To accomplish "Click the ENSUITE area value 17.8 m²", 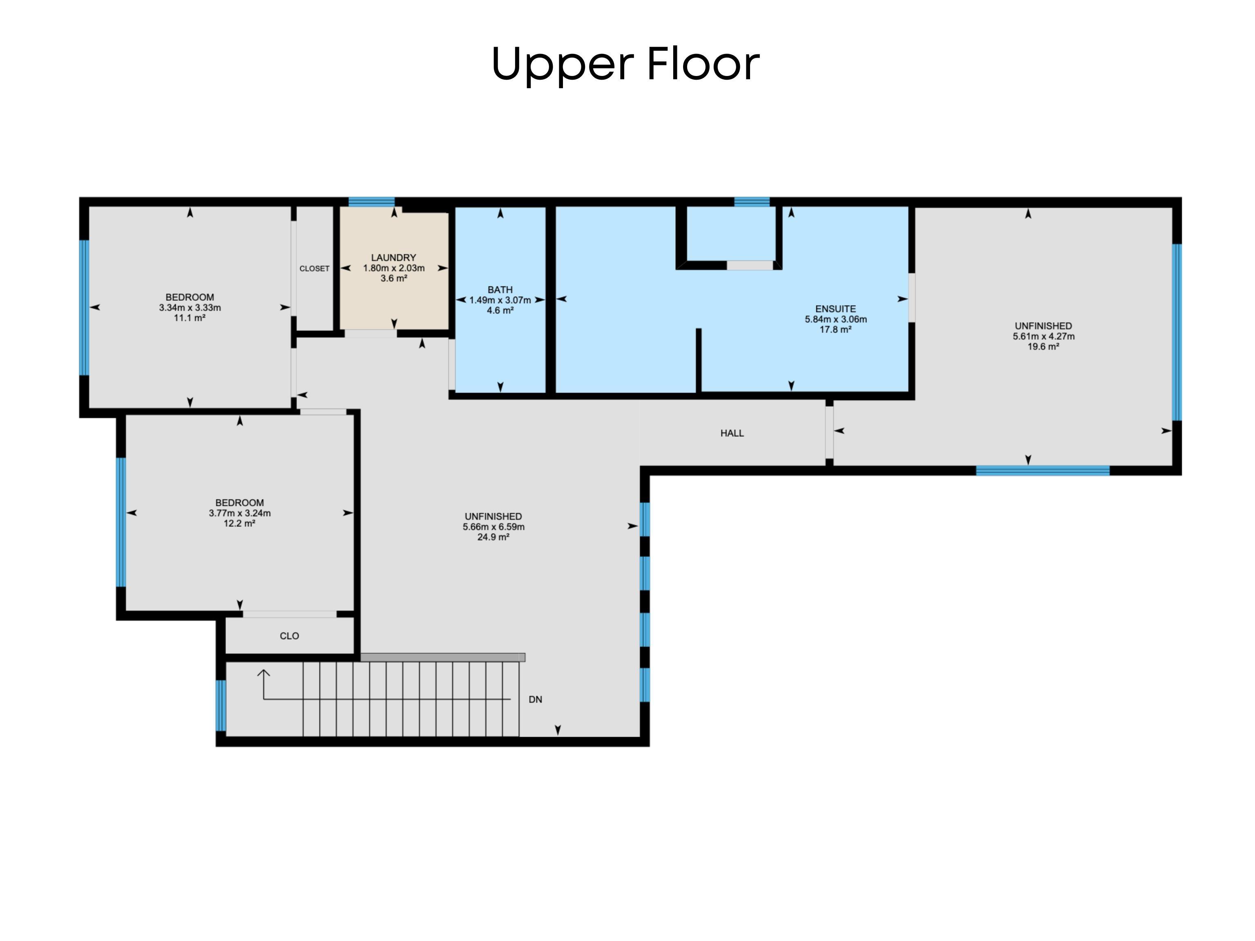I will coord(835,330).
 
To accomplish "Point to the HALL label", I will coord(732,434).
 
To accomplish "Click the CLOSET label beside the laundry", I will coord(314,268).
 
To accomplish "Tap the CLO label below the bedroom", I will coord(289,636).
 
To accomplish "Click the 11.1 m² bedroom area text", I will coord(190,318).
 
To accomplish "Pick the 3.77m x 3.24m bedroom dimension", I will coord(239,514).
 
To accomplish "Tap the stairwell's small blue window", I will coord(221,706).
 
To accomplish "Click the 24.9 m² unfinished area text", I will coord(493,537).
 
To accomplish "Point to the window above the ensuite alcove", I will coord(752,201).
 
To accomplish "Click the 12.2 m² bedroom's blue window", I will coord(121,522).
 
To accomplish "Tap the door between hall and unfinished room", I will coord(829,432).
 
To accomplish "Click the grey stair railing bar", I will coord(442,657).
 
